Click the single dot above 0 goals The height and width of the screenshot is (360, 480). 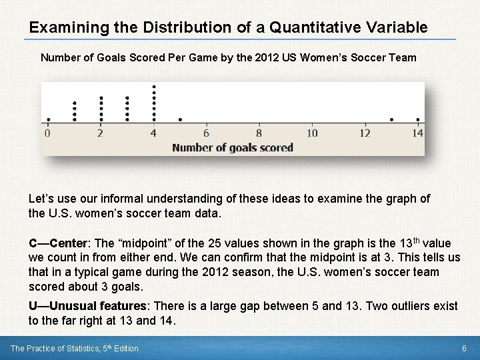coord(48,120)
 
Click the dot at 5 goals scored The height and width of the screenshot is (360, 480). coord(180,120)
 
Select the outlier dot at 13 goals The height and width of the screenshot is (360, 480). coord(391,120)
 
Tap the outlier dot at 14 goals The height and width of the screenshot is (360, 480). coord(418,120)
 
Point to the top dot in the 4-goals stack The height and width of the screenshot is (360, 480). coord(154,86)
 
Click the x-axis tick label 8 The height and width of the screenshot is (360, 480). coord(259,133)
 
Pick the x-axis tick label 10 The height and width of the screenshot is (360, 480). coord(312,133)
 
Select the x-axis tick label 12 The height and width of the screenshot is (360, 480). coord(365,133)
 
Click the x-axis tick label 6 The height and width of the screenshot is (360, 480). coord(207,133)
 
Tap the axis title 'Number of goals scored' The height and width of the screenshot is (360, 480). coord(233,147)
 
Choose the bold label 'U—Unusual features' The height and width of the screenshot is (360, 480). coord(89,306)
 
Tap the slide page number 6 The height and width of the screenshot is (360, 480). coord(464,349)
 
